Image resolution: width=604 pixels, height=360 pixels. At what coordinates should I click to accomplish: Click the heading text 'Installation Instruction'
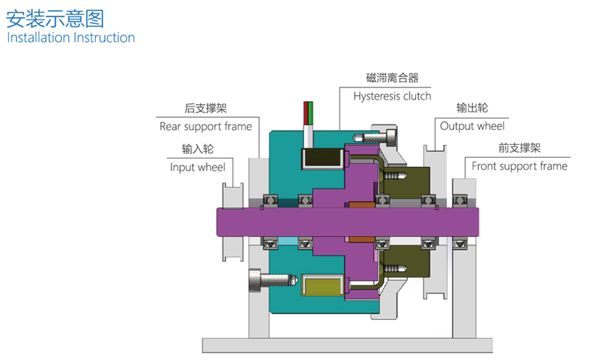tap(71, 38)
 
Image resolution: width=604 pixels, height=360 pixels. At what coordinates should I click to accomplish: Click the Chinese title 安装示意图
tap(54, 17)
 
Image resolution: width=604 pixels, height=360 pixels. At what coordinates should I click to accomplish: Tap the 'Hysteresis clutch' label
tap(392, 96)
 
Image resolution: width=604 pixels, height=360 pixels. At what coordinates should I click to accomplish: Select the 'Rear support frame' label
tap(205, 126)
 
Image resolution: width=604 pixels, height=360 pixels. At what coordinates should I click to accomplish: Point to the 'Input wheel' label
tap(197, 167)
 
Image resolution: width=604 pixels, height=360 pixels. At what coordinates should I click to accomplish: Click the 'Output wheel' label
tap(472, 126)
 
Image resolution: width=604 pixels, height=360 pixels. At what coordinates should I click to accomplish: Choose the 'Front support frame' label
tap(519, 166)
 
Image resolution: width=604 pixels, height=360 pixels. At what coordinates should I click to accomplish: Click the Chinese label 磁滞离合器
tap(392, 78)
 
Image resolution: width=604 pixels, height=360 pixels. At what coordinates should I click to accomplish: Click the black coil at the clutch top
tap(322, 157)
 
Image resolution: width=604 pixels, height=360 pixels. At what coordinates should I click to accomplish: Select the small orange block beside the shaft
tap(362, 204)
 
